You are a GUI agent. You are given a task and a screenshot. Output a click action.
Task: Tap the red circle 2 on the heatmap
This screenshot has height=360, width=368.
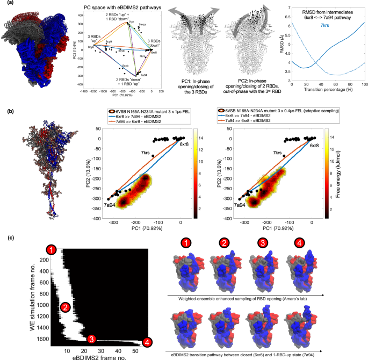[65, 307]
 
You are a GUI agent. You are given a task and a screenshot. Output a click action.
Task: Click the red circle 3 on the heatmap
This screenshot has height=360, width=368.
[92, 339]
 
